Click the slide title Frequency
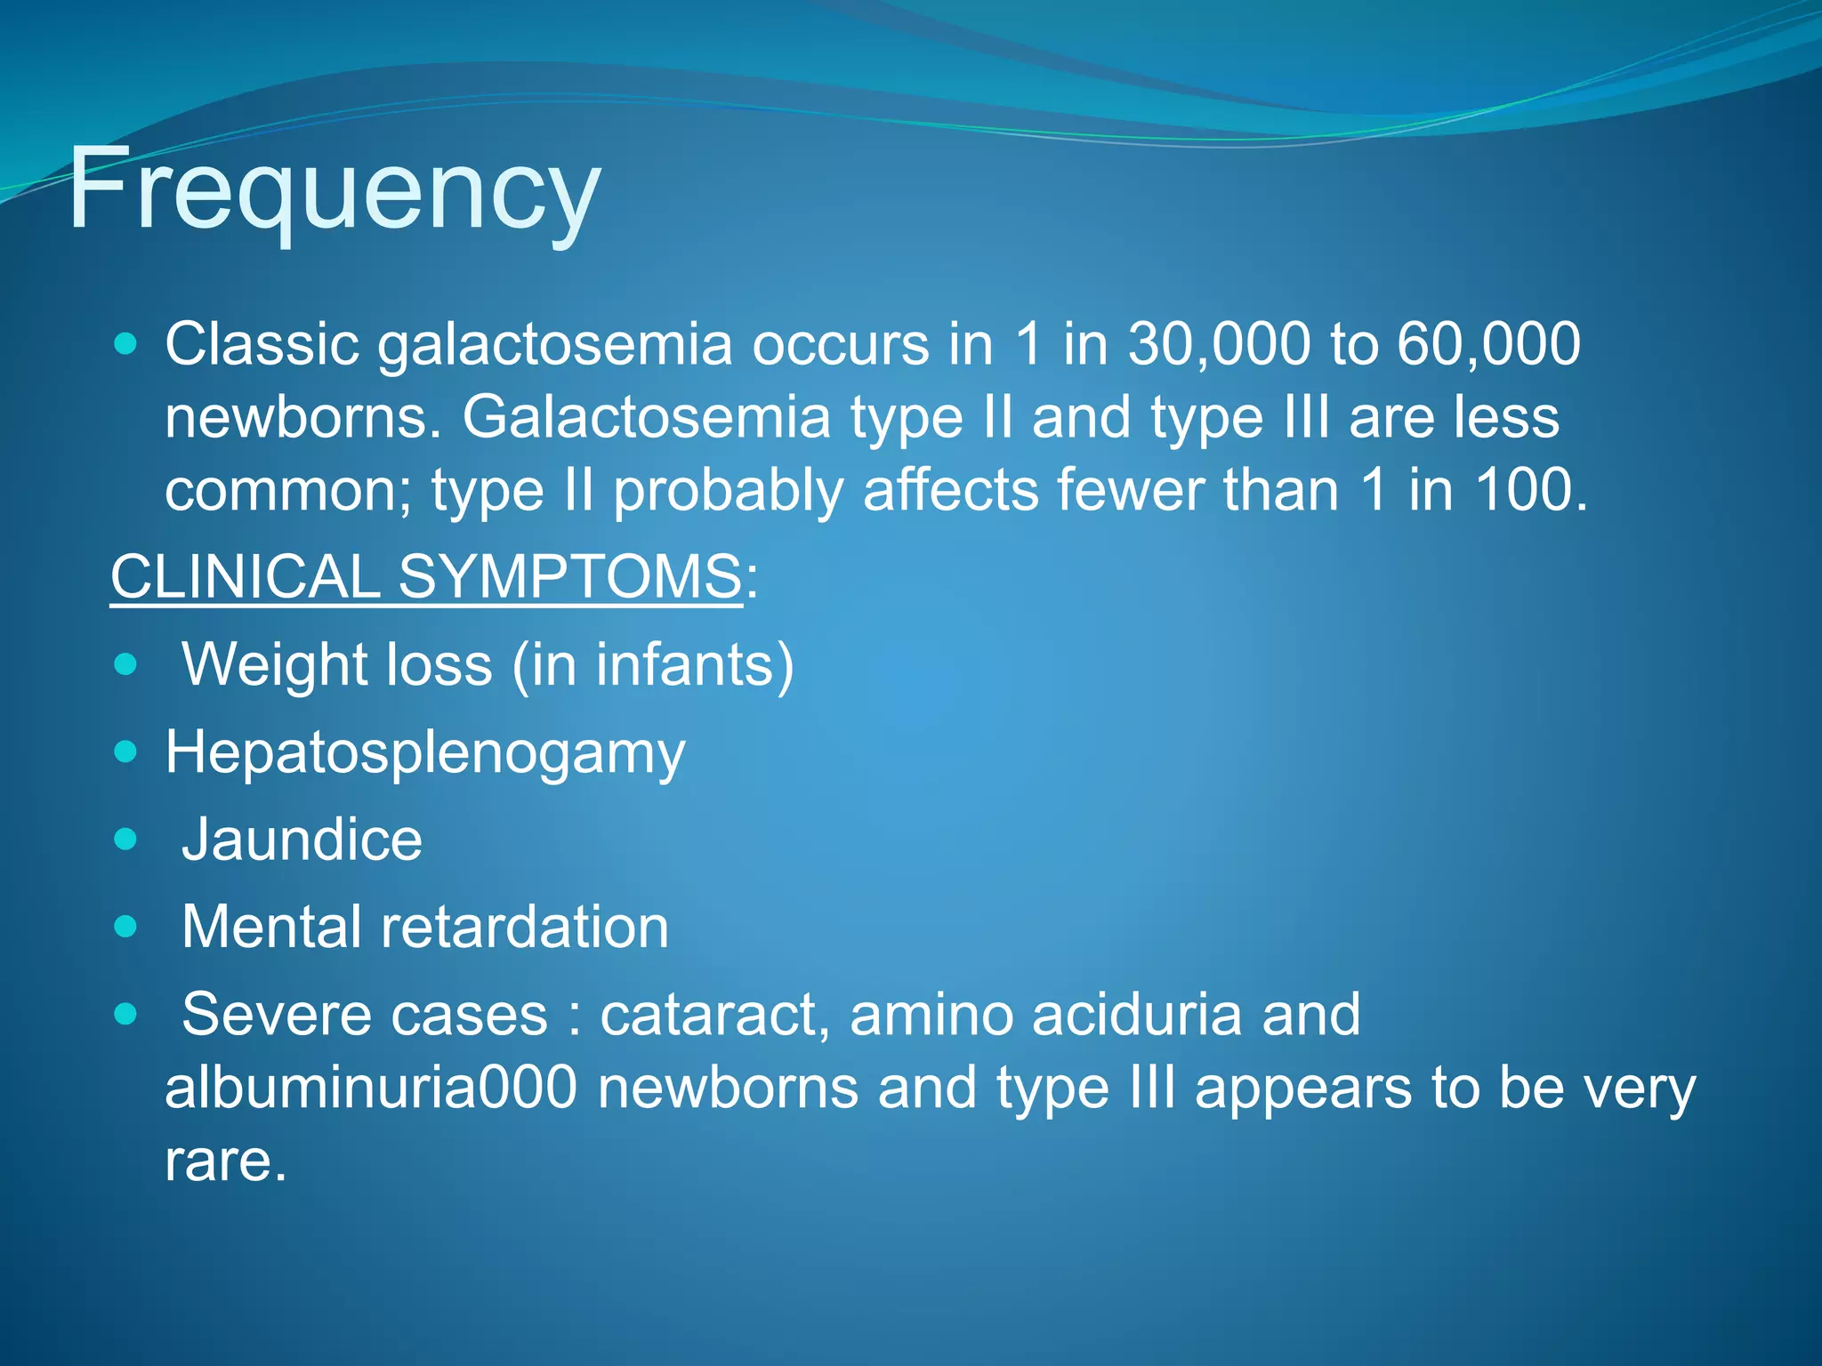tap(334, 189)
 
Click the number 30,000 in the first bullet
tap(1219, 344)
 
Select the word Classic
tap(262, 344)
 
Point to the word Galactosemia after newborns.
tap(646, 417)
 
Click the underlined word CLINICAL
tap(246, 577)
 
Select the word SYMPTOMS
tap(569, 577)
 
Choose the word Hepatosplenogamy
tap(425, 753)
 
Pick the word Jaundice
tap(302, 840)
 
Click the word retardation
tap(525, 927)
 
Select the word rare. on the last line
tap(226, 1161)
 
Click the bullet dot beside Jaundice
tap(126, 840)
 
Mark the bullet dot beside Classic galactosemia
tap(126, 344)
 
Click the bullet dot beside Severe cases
tap(126, 1014)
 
